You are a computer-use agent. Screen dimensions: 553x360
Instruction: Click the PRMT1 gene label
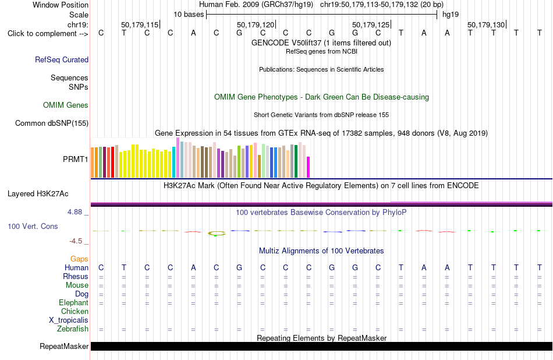pyautogui.click(x=76, y=159)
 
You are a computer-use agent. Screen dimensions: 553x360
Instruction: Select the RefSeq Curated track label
pyautogui.click(x=62, y=59)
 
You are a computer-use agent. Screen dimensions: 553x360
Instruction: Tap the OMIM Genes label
pyautogui.click(x=66, y=105)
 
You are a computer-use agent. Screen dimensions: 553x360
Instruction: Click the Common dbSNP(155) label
pyautogui.click(x=52, y=123)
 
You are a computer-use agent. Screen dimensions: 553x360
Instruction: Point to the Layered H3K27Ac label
pyautogui.click(x=38, y=194)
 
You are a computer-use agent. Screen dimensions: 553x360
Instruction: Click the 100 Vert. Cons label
pyautogui.click(x=33, y=226)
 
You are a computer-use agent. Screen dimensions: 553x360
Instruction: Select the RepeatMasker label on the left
pyautogui.click(x=64, y=346)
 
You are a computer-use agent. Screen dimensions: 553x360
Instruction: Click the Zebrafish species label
pyautogui.click(x=73, y=329)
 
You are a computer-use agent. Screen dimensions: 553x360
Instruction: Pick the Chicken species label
pyautogui.click(x=75, y=311)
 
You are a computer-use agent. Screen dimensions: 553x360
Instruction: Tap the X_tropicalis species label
pyautogui.click(x=69, y=320)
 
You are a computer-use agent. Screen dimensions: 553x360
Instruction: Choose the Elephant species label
pyautogui.click(x=74, y=302)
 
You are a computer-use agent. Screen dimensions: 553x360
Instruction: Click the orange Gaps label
pyautogui.click(x=79, y=259)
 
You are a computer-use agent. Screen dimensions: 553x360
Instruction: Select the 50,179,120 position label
pyautogui.click(x=256, y=24)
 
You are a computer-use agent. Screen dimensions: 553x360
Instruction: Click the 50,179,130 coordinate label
pyautogui.click(x=486, y=24)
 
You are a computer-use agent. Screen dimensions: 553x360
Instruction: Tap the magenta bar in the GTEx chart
pyautogui.click(x=309, y=167)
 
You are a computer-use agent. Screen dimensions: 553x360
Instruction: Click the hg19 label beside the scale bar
pyautogui.click(x=451, y=15)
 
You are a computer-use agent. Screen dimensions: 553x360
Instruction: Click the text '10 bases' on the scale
pyautogui.click(x=189, y=15)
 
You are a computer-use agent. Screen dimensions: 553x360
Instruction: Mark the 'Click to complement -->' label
pyautogui.click(x=48, y=34)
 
